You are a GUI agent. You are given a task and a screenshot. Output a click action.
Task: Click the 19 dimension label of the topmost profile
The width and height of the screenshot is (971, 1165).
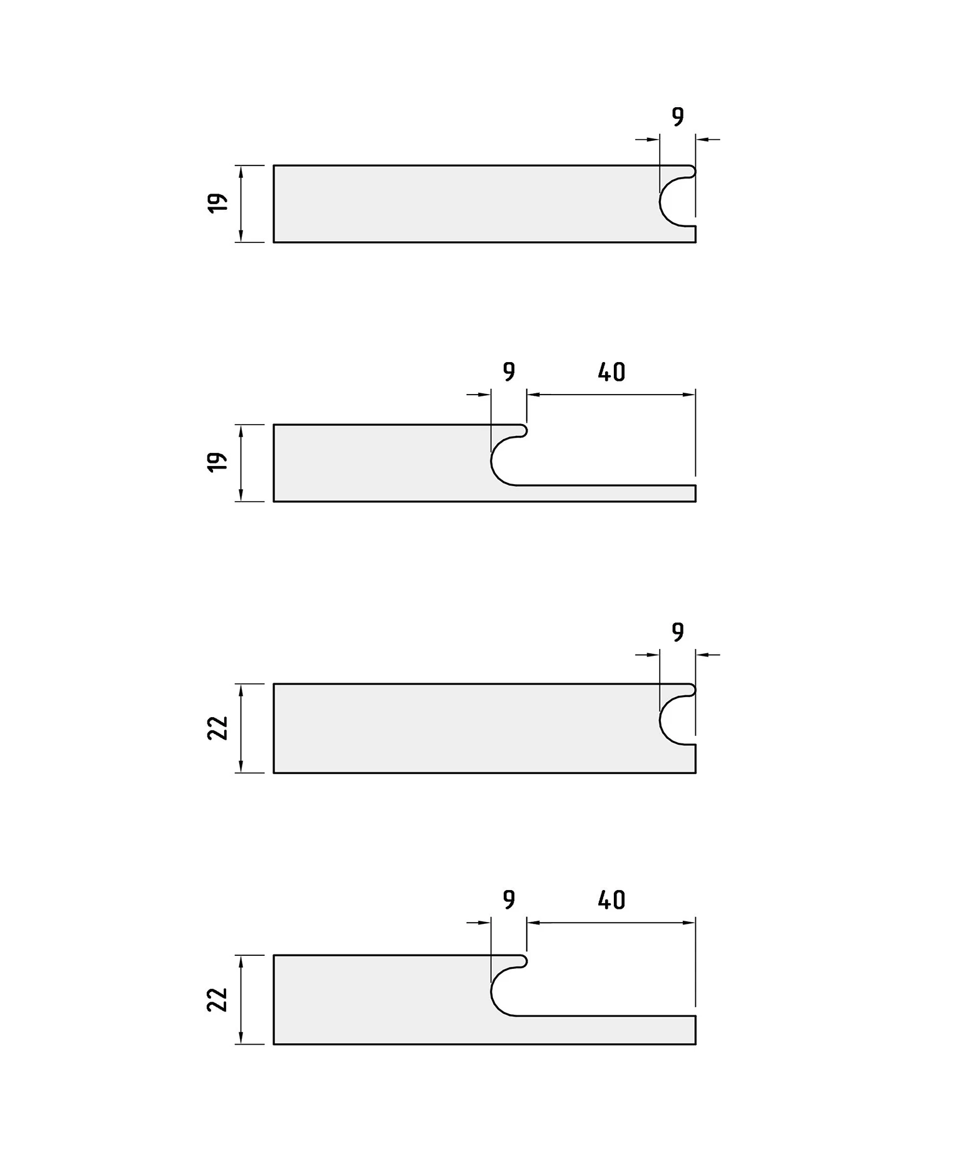(x=217, y=203)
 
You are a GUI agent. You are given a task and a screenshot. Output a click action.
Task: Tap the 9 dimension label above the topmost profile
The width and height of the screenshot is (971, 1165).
(x=678, y=117)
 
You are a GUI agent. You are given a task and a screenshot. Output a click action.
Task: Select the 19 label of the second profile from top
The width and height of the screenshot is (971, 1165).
(x=217, y=462)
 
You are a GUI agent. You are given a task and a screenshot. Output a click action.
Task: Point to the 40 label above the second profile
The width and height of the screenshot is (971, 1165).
(x=611, y=372)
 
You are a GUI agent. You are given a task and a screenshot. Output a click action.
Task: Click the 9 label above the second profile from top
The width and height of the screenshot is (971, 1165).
(x=509, y=372)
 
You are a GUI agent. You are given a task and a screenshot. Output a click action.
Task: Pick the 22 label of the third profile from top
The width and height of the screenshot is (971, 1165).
(x=217, y=728)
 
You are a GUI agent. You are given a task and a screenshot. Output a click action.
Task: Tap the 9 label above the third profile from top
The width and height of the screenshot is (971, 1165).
(x=678, y=633)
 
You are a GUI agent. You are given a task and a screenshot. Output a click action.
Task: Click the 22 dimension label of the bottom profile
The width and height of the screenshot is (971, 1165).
(x=217, y=1000)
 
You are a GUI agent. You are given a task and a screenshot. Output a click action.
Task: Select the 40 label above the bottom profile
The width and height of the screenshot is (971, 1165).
(x=611, y=900)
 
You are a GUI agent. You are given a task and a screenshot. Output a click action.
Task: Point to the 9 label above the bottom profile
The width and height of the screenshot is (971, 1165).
(x=509, y=900)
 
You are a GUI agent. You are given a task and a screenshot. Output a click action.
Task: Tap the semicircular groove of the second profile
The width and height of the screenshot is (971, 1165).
(x=492, y=461)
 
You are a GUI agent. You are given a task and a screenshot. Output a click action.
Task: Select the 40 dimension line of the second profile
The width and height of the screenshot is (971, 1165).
(x=611, y=395)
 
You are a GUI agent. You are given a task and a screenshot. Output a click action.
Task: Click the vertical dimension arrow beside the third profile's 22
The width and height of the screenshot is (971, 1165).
(x=241, y=728)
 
